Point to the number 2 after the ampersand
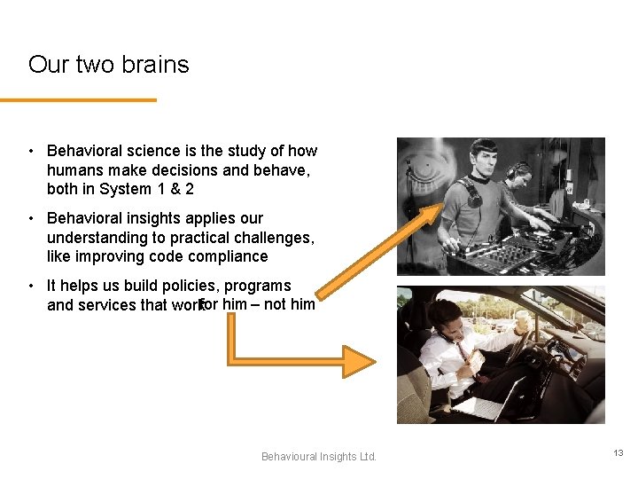[x=190, y=189]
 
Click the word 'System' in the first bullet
[x=125, y=189]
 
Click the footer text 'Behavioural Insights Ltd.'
[x=319, y=456]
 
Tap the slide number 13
[x=618, y=452]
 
